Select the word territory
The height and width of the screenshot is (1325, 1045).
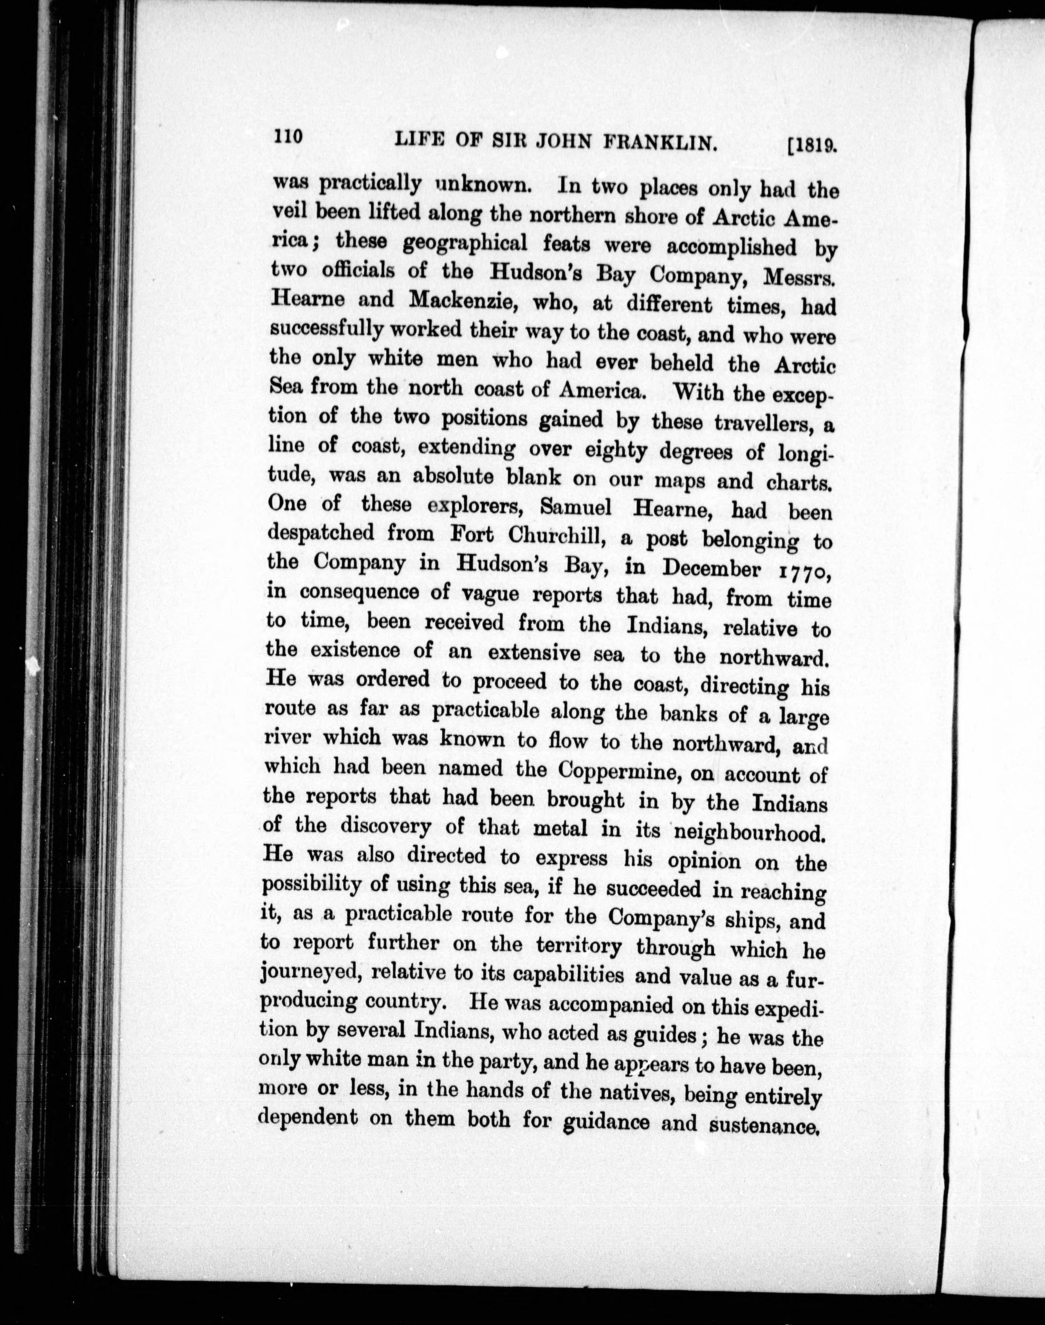[578, 946]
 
